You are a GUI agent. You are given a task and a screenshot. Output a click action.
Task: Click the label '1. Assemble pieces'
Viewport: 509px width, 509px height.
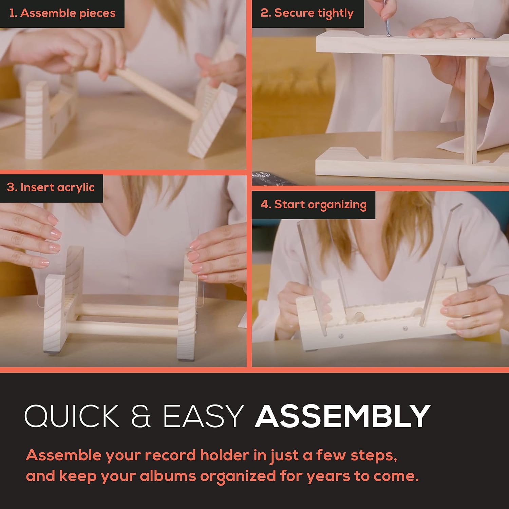[x=62, y=13]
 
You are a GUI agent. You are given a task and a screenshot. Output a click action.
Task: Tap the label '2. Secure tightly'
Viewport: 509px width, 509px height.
[x=307, y=13]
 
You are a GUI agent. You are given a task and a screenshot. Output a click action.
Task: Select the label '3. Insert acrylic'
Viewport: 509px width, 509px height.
[x=51, y=187]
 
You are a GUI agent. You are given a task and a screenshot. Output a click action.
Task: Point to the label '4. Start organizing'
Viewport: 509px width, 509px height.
[x=314, y=205]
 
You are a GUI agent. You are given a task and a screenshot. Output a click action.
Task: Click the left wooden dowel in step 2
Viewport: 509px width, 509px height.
[x=388, y=107]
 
